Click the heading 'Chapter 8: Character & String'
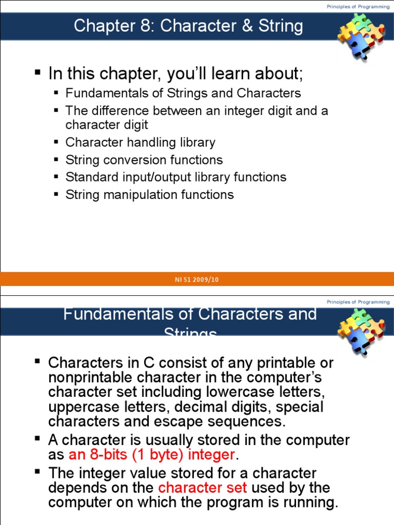188,26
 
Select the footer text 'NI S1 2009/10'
197,279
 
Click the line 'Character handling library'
140,143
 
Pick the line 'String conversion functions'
144,160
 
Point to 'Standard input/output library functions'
176,177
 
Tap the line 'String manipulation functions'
149,195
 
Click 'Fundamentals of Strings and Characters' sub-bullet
183,93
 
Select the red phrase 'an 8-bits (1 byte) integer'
152,454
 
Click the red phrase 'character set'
203,487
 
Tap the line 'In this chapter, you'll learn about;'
175,74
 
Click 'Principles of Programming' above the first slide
358,6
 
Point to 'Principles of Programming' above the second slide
358,302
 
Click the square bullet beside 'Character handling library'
57,142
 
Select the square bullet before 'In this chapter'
37,72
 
